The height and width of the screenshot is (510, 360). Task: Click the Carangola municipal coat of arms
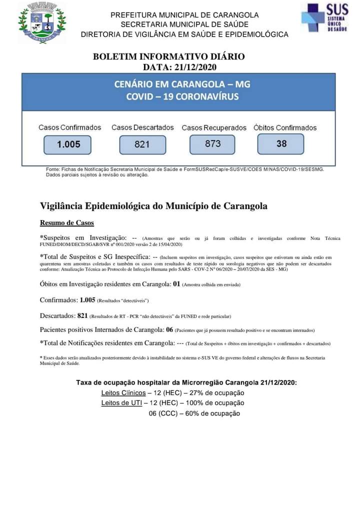click(42, 22)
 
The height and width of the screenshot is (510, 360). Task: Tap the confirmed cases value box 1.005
click(68, 144)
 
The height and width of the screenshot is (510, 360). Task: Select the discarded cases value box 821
click(142, 144)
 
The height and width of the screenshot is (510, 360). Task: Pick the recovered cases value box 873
click(212, 143)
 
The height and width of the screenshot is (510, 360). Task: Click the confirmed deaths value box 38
click(281, 143)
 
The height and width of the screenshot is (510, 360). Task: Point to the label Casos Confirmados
click(69, 127)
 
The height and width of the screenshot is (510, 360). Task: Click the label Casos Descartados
click(142, 127)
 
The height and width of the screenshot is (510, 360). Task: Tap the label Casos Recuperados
click(214, 128)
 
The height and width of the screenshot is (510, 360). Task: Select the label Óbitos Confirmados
click(285, 128)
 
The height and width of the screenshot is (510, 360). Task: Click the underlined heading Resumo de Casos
click(67, 223)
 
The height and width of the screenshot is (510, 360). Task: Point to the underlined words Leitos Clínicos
click(123, 392)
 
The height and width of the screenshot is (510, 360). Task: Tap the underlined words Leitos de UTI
click(121, 403)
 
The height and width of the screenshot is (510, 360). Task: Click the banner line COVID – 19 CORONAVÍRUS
click(182, 96)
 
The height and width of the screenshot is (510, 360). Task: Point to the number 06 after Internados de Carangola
click(169, 329)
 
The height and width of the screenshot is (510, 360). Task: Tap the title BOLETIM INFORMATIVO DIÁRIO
click(169, 56)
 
